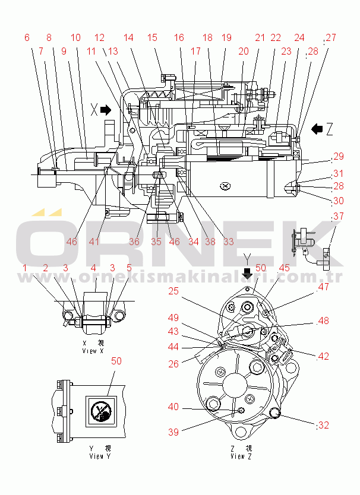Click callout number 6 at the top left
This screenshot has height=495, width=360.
click(27, 37)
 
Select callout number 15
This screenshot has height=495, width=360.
click(152, 37)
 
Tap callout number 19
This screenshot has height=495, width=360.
click(226, 37)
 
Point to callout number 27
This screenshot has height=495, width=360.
click(331, 37)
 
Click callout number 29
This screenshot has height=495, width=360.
click(338, 157)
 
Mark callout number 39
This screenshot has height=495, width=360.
click(172, 433)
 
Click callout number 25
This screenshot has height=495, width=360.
click(173, 292)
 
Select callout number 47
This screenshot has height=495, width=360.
click(323, 287)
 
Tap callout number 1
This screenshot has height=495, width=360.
click(25, 268)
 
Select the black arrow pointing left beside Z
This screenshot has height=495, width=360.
click(318, 128)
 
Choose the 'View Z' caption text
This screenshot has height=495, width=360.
click(241, 453)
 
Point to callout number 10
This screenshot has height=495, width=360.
click(75, 37)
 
